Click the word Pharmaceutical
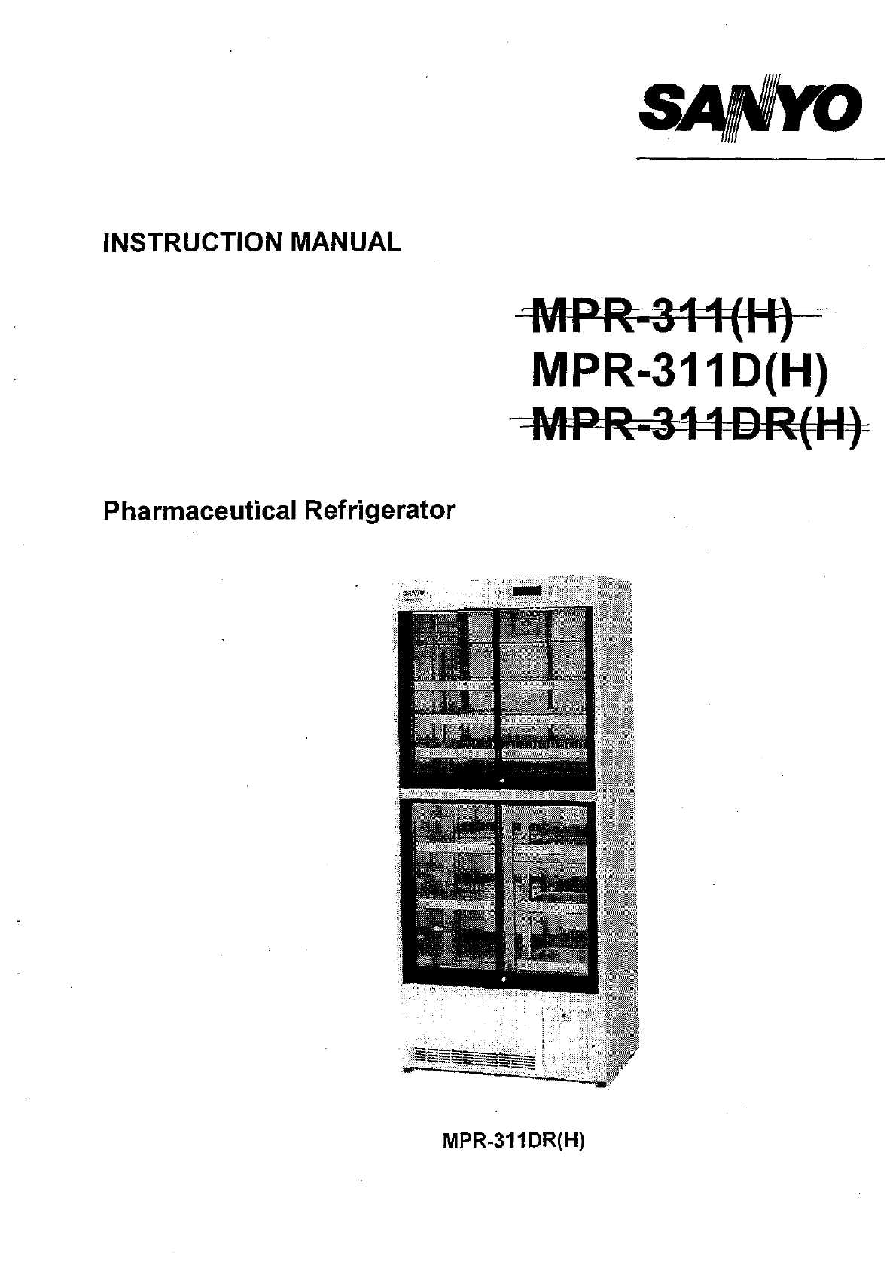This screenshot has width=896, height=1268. (199, 511)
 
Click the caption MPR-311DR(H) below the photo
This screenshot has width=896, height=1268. (514, 1140)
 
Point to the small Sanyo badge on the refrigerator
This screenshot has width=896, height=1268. (412, 593)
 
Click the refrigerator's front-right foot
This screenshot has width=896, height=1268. (602, 1084)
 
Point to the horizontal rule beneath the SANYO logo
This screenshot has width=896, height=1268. (760, 159)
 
